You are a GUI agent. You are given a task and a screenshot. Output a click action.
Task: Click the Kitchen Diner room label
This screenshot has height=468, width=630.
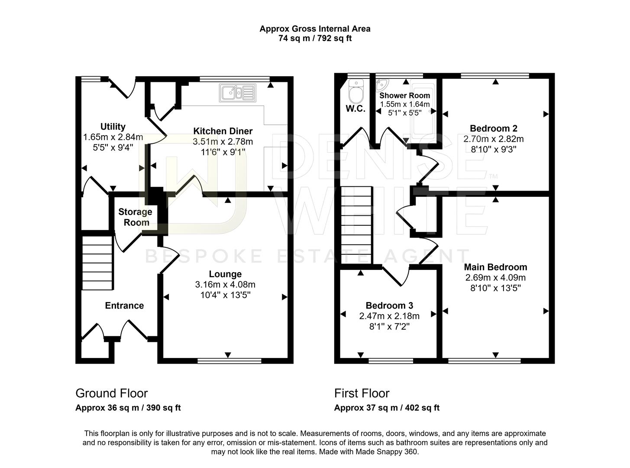point(223,131)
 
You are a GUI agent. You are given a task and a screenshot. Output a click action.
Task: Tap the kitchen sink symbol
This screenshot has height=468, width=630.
point(237,93)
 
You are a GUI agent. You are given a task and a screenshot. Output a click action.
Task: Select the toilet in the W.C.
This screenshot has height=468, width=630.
point(356,92)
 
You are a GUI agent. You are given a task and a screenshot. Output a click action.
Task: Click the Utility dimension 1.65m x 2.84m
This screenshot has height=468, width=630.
point(113,137)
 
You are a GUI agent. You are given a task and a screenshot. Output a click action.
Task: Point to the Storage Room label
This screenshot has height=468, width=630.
point(135,217)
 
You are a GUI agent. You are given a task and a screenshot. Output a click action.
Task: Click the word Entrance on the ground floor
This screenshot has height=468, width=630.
point(124,305)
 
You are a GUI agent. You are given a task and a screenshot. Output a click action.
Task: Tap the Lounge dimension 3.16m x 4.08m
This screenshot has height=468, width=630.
point(225,284)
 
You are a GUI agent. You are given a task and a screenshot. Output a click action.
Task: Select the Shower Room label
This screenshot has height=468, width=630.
point(404,95)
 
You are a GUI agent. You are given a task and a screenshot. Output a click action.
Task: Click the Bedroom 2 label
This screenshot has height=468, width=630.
point(494,128)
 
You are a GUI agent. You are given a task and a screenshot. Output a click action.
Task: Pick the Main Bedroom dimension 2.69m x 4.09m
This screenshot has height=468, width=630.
point(495,277)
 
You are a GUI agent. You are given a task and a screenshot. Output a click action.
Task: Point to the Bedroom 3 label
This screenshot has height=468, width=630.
point(389,305)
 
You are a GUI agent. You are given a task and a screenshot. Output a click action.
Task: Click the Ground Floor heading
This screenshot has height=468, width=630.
point(112,393)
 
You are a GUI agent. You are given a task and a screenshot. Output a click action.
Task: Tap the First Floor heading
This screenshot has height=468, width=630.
point(362,393)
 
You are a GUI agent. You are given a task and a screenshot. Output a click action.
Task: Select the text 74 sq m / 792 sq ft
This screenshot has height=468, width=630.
point(315,38)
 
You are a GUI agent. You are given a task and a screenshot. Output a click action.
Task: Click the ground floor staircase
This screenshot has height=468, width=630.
point(98,263)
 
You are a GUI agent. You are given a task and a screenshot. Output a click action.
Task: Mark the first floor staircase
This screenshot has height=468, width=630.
point(356,225)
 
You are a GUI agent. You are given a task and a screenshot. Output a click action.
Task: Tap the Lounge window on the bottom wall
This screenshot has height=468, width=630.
point(229,361)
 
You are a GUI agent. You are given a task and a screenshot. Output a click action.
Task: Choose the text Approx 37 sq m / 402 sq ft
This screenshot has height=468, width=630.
point(387,408)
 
